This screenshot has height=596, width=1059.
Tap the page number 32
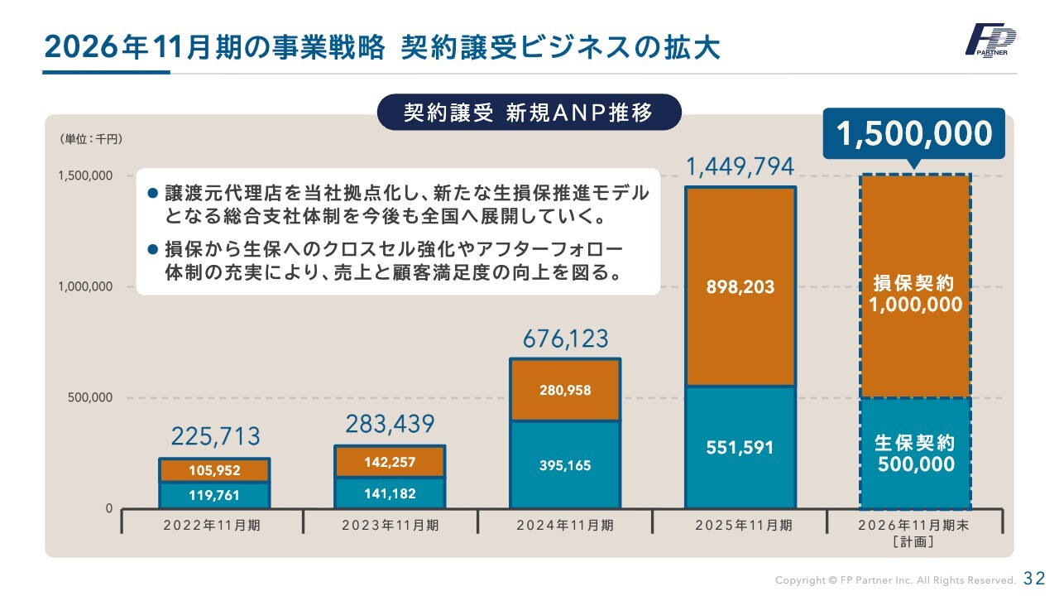click(x=1034, y=578)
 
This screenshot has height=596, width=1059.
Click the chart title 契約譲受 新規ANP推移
click(x=529, y=113)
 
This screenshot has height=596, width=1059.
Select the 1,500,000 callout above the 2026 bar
click(x=913, y=134)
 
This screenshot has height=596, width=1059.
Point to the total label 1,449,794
click(x=740, y=167)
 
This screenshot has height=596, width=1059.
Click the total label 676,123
click(x=565, y=339)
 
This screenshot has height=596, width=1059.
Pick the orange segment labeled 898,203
click(x=740, y=287)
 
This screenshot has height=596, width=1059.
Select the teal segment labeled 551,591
click(x=740, y=447)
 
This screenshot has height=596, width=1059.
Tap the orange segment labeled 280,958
click(x=565, y=390)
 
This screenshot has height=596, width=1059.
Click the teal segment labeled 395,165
click(x=565, y=465)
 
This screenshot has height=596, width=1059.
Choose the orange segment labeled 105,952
click(x=214, y=471)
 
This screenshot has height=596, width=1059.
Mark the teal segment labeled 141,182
click(x=390, y=493)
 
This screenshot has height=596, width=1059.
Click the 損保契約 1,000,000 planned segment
click(x=915, y=294)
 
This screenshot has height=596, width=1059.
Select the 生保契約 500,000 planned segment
click(x=915, y=454)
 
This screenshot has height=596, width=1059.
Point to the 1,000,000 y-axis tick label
click(x=85, y=286)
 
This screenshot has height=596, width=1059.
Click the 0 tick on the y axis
click(x=108, y=508)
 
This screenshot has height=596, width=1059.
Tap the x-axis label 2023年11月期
click(x=390, y=525)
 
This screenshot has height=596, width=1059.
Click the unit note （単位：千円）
click(x=90, y=139)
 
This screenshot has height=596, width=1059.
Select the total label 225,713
click(x=215, y=436)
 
